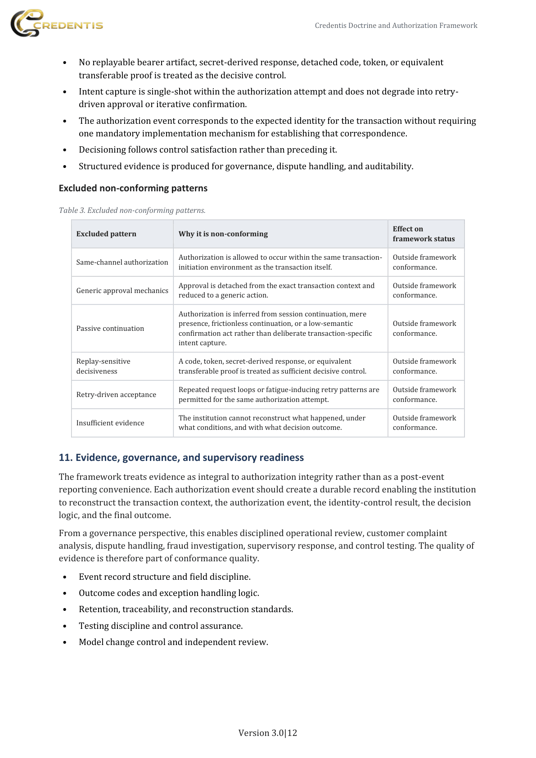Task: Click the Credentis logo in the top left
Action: (57, 23)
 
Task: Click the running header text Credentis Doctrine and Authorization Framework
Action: (396, 26)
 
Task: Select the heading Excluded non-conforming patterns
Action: (133, 188)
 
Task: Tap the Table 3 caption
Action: (132, 210)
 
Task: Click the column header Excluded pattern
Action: (106, 234)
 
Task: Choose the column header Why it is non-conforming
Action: (223, 234)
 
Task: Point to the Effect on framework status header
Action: (423, 234)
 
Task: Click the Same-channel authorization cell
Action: (122, 262)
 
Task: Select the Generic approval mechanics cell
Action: (122, 290)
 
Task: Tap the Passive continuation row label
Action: (110, 328)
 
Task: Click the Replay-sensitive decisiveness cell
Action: (103, 366)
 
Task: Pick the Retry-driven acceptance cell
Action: (116, 394)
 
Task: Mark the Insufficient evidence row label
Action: (110, 423)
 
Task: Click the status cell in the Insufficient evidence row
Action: (424, 423)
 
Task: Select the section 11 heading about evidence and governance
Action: (181, 457)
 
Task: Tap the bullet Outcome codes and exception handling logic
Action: (169, 593)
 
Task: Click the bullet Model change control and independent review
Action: (173, 642)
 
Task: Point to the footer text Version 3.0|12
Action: (268, 733)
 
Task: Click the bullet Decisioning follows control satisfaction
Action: (207, 149)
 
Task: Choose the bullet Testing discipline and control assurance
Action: (161, 626)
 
